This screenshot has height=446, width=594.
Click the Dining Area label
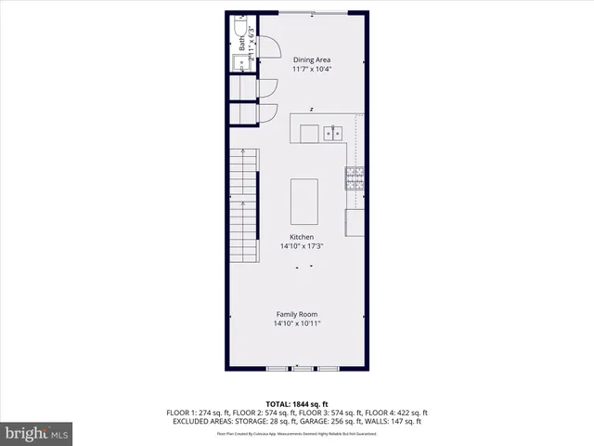pos(312,60)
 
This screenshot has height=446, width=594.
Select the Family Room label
pos(297,314)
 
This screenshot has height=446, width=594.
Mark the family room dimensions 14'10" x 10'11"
pos(297,324)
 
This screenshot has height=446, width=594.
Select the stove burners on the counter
pos(355,178)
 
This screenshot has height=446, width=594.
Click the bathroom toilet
pos(239,41)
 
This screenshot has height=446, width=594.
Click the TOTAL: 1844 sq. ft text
pos(297,402)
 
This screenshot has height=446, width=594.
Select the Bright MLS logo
pos(37,432)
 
